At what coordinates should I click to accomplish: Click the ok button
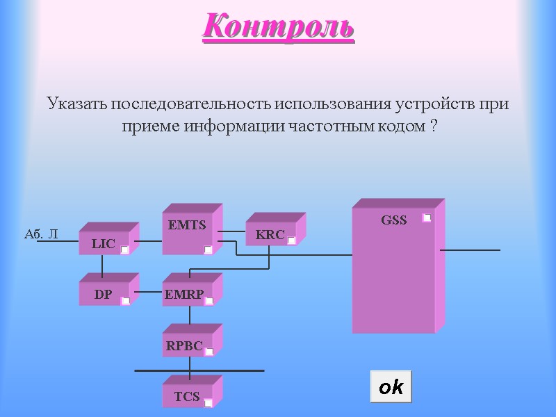391,387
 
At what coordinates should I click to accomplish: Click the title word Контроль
279,27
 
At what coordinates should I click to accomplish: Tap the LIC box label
103,244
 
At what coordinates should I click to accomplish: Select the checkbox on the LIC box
125,250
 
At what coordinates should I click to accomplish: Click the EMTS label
187,225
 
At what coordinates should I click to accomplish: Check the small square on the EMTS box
208,250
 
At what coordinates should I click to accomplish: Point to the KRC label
270,235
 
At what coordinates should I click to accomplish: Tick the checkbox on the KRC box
292,240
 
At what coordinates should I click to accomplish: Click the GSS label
393,220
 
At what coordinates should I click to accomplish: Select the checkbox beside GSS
427,218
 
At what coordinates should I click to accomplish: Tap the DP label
103,295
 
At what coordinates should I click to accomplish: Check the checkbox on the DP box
125,301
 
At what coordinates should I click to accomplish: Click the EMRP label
184,295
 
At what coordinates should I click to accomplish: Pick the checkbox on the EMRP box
208,301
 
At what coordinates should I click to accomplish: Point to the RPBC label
184,345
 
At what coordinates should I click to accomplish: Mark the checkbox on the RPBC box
208,352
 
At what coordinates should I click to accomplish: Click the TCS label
187,397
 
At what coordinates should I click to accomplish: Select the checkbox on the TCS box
208,402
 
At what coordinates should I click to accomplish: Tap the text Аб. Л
41,235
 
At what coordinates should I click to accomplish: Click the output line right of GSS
470,250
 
